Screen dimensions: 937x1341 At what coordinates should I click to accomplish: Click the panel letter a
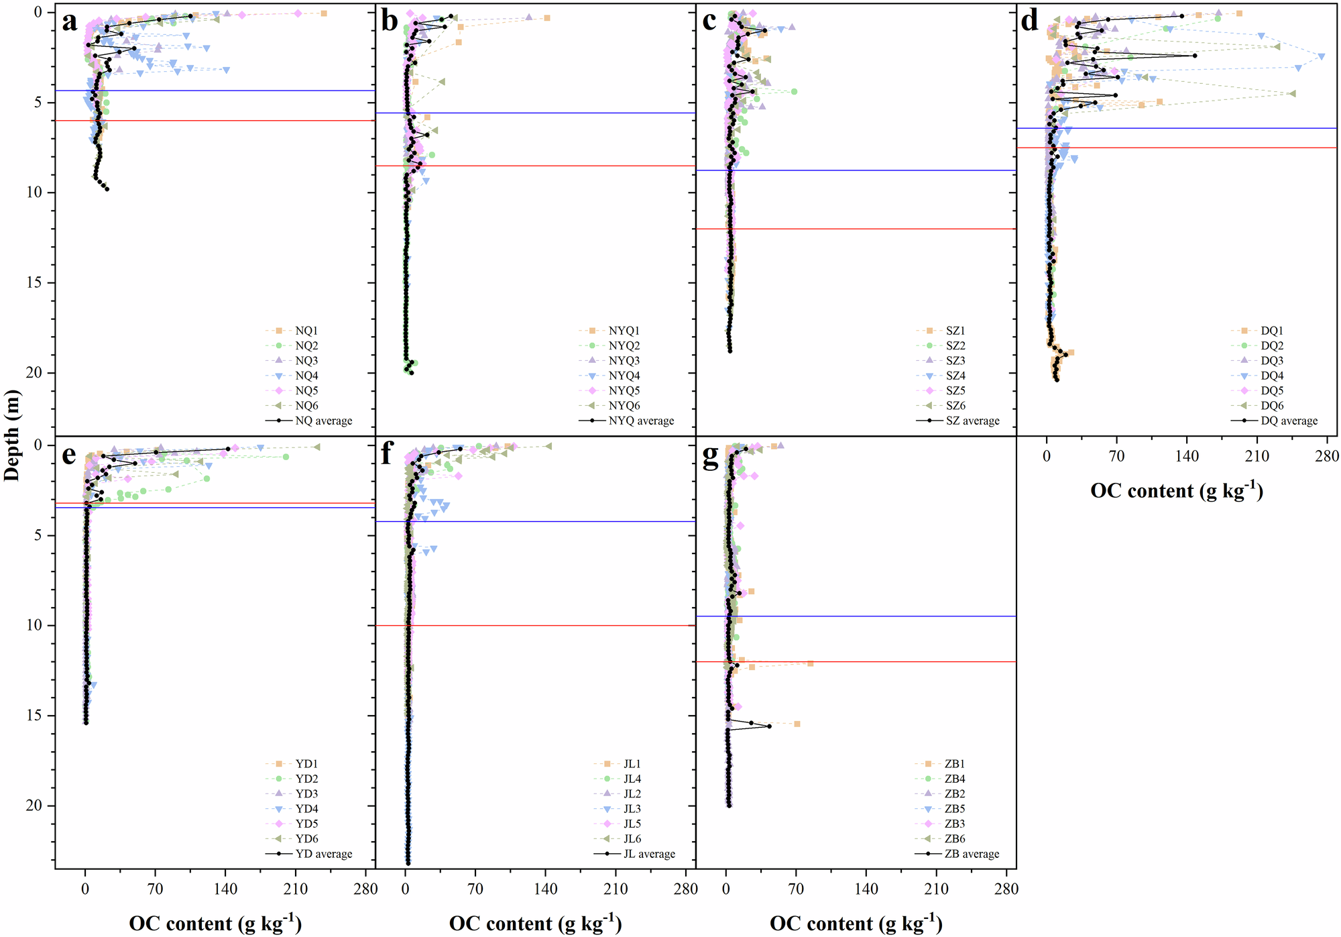tap(69, 22)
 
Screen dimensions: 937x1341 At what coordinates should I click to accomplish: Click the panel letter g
tap(710, 455)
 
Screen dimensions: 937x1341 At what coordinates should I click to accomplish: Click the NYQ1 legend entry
tap(624, 331)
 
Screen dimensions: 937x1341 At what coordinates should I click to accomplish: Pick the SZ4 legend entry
tap(955, 376)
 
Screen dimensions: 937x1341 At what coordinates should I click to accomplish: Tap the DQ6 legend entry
tap(1271, 406)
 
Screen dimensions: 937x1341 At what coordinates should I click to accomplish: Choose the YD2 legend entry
tap(306, 779)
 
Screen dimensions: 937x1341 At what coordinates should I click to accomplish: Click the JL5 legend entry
tap(632, 824)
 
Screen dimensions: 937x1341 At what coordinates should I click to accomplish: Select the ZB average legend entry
tap(972, 854)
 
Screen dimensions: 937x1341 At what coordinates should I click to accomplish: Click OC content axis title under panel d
tap(1177, 491)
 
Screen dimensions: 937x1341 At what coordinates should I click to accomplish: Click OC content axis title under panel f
tap(535, 924)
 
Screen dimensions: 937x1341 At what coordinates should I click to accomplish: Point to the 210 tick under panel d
tap(1257, 457)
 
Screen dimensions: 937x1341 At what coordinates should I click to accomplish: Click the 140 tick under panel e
tap(225, 889)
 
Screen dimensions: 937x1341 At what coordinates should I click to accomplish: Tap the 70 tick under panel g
tap(796, 889)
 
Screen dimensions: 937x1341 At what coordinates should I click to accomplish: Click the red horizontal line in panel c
tap(856, 229)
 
